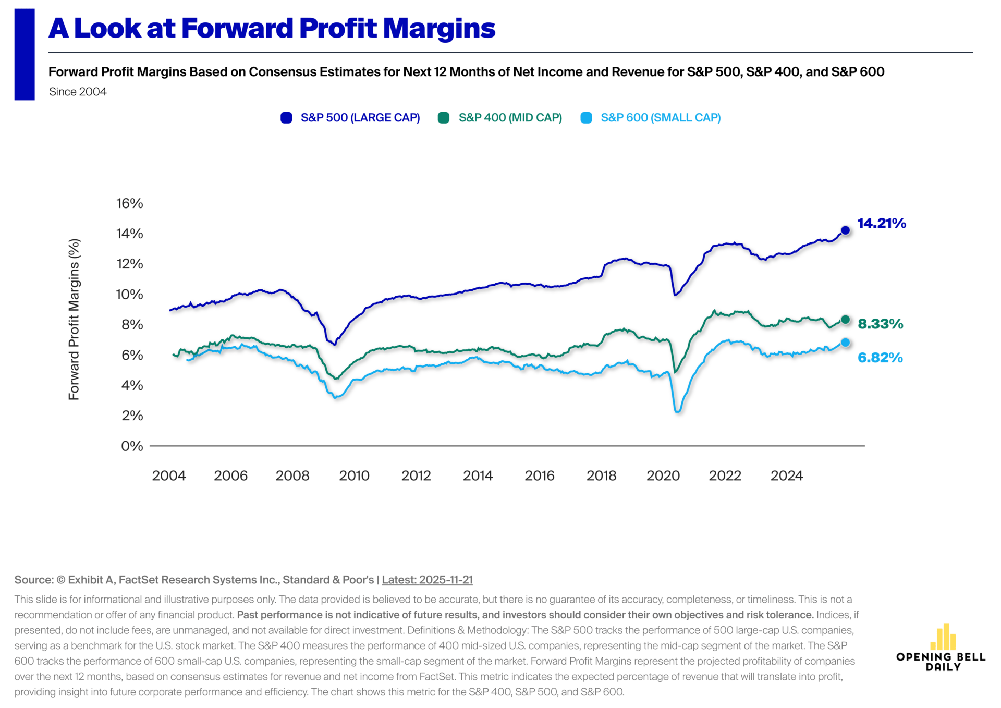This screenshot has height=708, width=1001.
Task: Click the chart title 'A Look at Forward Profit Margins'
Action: pos(272,28)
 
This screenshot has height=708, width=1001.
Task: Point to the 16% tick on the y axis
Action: pos(129,203)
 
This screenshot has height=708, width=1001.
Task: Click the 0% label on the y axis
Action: pos(132,446)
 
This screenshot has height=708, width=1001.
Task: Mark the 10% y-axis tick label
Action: pos(129,295)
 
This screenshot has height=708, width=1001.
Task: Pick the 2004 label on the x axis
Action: pos(169,475)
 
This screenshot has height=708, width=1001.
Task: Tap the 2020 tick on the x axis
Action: pos(663,475)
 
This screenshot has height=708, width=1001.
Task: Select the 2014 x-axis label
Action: pos(478,475)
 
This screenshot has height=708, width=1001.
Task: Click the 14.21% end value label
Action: pos(882,223)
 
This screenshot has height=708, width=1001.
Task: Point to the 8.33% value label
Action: pos(881,324)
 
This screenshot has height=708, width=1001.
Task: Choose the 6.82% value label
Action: pos(880,358)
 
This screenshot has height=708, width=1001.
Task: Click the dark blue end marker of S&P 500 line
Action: pos(846,230)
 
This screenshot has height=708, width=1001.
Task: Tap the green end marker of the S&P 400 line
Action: pos(846,320)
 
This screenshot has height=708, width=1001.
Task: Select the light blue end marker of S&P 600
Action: pos(846,343)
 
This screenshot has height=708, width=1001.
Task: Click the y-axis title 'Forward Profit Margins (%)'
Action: pos(74,319)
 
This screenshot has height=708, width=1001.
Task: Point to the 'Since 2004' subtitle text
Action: pos(78,92)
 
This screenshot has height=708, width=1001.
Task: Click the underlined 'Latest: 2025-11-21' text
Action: pos(427,580)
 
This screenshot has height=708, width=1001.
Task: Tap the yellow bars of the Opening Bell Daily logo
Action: pos(943,637)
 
